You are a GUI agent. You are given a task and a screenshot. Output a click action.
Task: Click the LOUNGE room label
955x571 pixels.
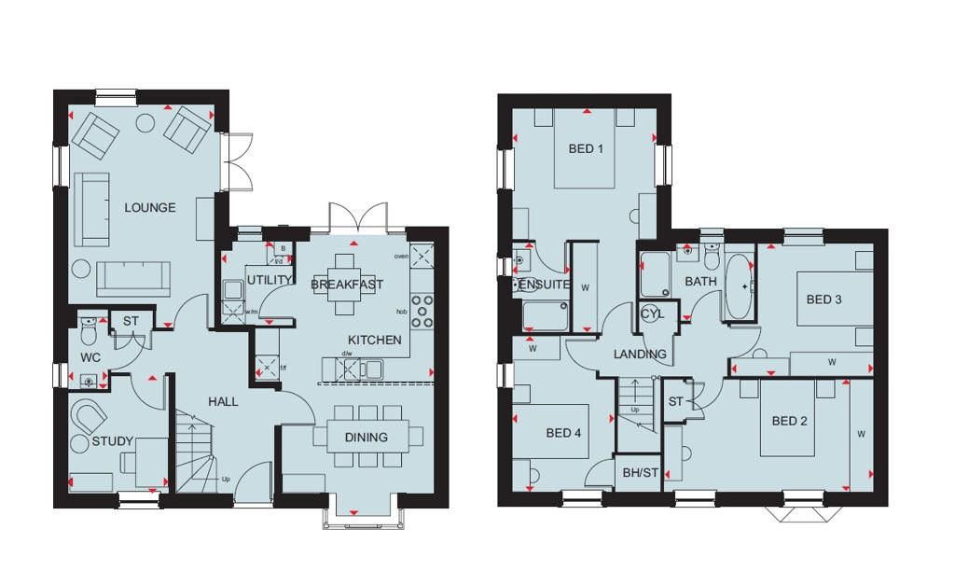coord(150,207)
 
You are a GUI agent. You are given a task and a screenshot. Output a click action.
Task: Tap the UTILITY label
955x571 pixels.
coord(270,279)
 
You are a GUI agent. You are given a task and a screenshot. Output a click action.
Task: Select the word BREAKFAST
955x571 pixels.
coord(347,284)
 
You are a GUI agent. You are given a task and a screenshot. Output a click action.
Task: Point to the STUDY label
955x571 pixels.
coord(113,441)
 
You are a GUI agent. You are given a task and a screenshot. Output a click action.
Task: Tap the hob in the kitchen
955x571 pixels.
coord(422,312)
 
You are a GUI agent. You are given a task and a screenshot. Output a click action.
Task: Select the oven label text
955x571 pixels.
coord(402,256)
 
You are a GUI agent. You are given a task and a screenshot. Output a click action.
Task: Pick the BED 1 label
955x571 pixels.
coord(587,148)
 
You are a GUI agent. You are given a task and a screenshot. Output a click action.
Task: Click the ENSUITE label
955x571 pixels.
coord(544,285)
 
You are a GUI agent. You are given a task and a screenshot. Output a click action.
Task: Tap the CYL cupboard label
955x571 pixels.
coord(652,314)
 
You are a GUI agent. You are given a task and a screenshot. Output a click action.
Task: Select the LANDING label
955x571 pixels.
coord(640,355)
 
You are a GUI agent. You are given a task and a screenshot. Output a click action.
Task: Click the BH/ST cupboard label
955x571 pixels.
coord(640,473)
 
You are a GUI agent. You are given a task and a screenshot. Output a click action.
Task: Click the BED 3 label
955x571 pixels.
coord(824,299)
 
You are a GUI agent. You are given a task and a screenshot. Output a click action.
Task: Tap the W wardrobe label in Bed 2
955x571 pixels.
coord(861,433)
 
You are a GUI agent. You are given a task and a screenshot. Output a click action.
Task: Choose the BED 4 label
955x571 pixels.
coord(563,433)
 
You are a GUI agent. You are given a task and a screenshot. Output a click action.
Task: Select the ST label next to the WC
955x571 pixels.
coord(131,321)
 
